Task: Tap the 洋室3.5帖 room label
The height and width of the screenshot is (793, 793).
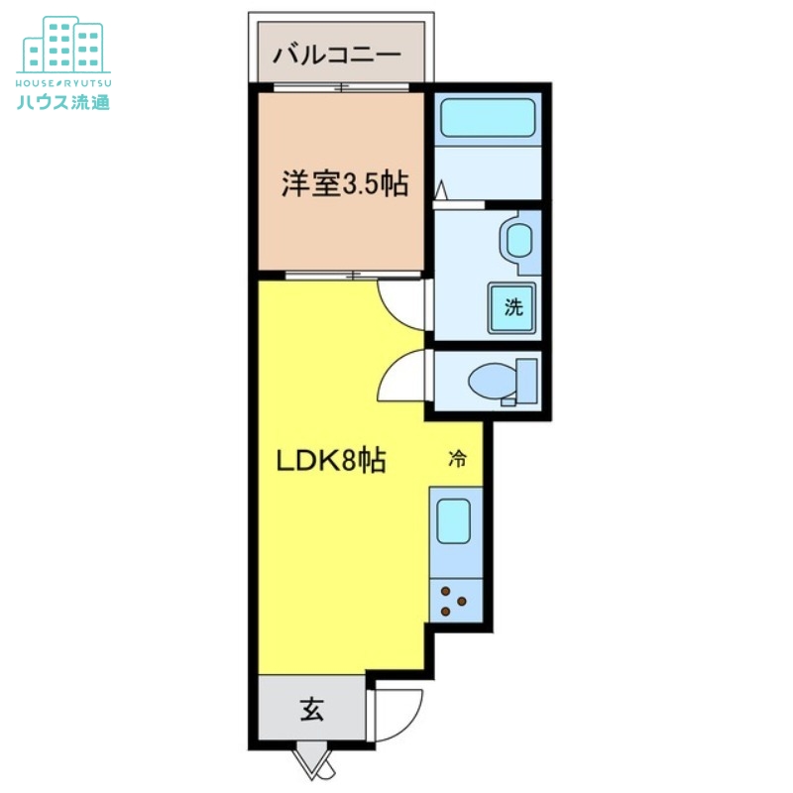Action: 344,184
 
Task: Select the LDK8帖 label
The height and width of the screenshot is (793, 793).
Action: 329,461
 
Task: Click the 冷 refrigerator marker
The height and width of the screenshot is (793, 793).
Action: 457,459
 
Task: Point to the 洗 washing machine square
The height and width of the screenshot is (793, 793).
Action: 512,307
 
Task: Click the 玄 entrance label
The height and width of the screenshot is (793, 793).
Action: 312,710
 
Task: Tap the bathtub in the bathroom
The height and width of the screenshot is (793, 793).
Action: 488,118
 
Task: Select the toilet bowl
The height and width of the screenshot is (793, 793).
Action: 490,381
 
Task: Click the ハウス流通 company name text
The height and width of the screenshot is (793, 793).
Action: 63,100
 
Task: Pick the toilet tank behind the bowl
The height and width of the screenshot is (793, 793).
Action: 526,382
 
